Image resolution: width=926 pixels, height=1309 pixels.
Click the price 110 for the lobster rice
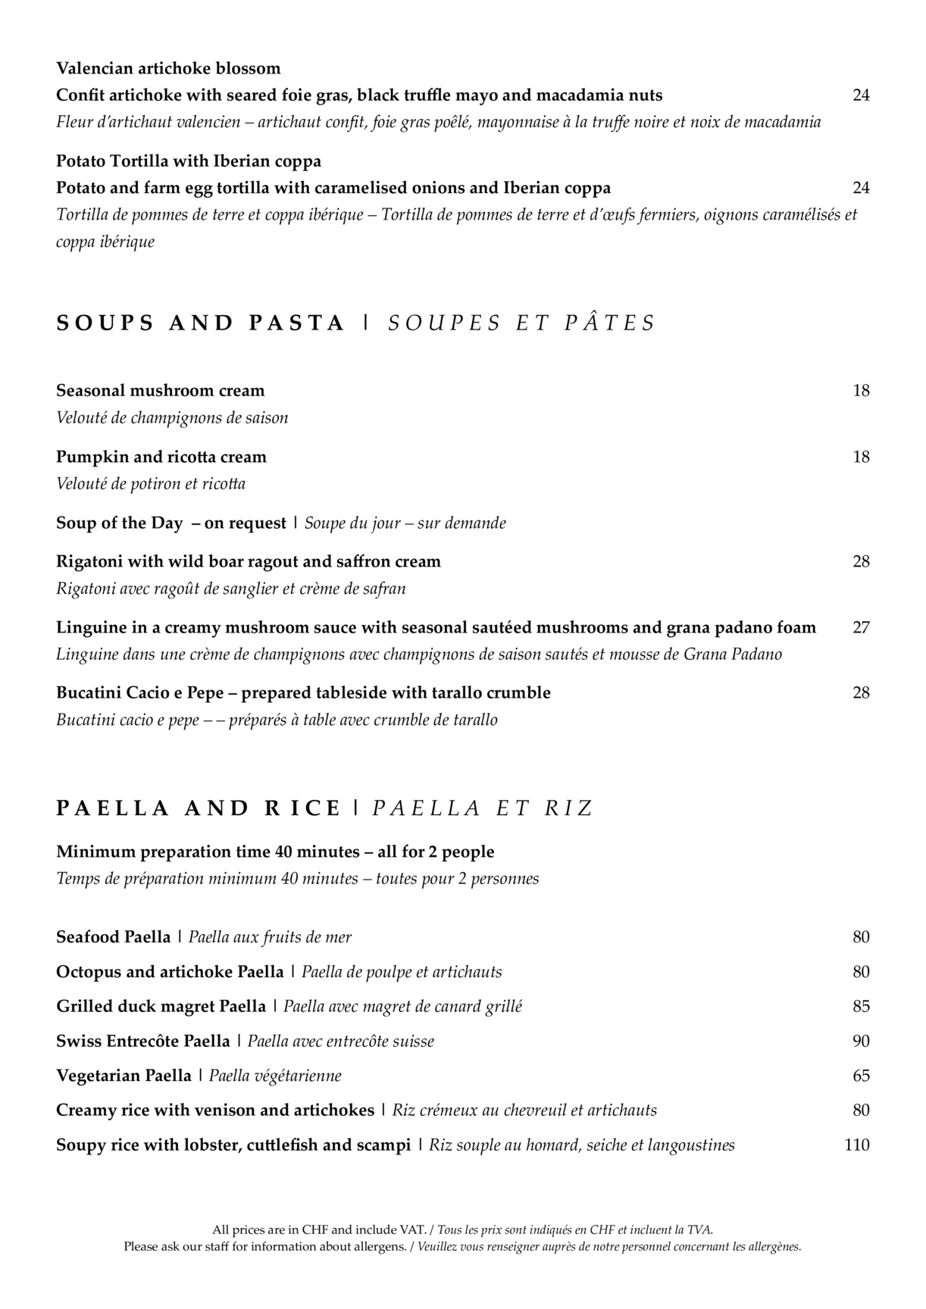click(x=856, y=1145)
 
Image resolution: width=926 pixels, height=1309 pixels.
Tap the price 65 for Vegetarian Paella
click(x=861, y=1076)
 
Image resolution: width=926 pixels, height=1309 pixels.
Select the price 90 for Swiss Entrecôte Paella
click(x=861, y=1041)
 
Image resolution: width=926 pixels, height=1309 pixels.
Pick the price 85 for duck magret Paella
click(x=861, y=1006)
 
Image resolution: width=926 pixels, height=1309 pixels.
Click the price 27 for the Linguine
click(x=861, y=627)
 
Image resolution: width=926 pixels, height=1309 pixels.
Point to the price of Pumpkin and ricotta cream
click(x=861, y=457)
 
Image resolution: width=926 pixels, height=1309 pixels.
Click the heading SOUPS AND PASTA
click(x=200, y=323)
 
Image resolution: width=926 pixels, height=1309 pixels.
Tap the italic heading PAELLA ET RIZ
click(x=481, y=808)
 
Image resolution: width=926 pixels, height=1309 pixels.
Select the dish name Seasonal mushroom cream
click(x=161, y=391)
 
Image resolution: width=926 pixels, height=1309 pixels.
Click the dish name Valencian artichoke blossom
click(x=168, y=68)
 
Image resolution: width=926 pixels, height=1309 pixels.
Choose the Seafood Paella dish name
click(x=114, y=937)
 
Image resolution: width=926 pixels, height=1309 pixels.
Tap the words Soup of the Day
click(x=120, y=523)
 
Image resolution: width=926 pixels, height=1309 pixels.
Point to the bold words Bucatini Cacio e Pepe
click(x=140, y=692)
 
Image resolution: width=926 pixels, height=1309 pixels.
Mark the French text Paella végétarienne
click(x=275, y=1076)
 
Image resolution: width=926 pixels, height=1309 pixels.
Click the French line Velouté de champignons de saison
click(x=172, y=417)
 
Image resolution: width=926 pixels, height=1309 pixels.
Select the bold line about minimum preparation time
click(x=275, y=851)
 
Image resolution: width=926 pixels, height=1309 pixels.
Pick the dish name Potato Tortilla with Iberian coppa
click(x=189, y=161)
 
